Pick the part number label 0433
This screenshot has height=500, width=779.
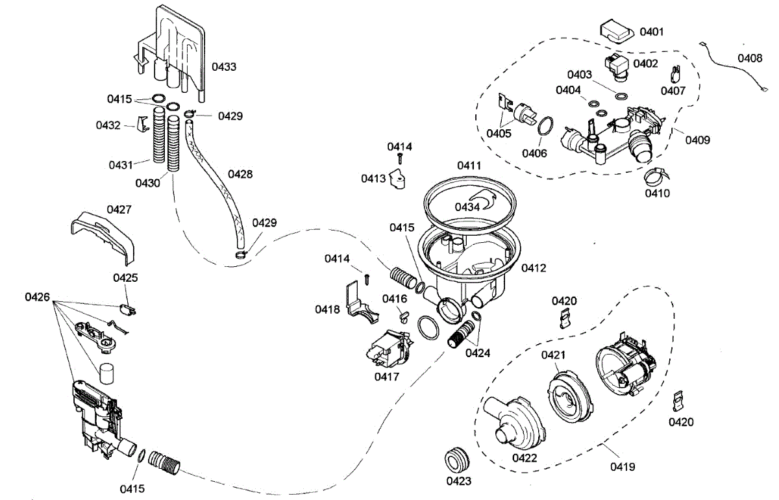[223, 66]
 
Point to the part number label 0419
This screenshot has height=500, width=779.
[622, 466]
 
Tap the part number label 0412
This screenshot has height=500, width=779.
[533, 267]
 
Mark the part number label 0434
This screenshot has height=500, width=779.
[467, 206]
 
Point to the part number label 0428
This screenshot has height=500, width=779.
[241, 174]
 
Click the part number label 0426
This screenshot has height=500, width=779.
[38, 297]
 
